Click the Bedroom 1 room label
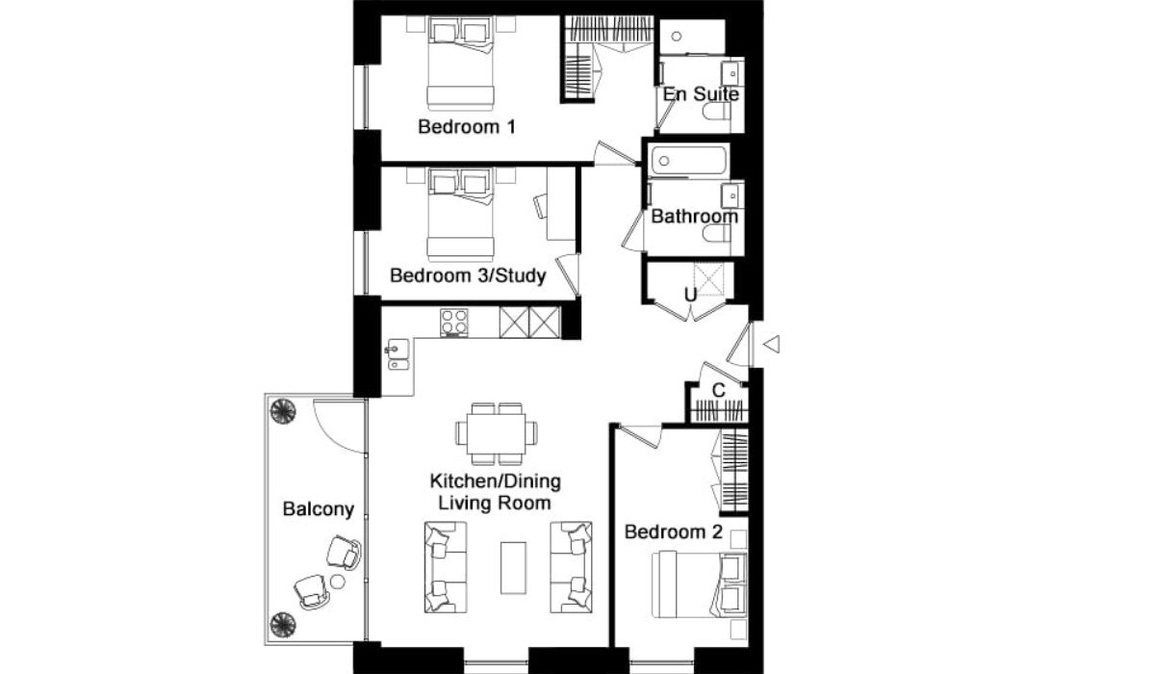[467, 127]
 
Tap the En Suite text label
[701, 94]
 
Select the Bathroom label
[695, 216]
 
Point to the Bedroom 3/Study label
[468, 275]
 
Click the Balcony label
[319, 509]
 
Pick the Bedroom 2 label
[674, 531]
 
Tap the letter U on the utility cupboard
[690, 295]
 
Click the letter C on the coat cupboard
[718, 390]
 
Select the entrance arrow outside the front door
[771, 344]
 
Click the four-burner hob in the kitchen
[454, 323]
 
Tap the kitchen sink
[398, 354]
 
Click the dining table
[497, 433]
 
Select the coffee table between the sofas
[514, 567]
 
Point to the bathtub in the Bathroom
[689, 161]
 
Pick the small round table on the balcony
[337, 582]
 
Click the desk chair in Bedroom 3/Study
[541, 206]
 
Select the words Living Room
[495, 503]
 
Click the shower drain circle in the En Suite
[677, 37]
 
